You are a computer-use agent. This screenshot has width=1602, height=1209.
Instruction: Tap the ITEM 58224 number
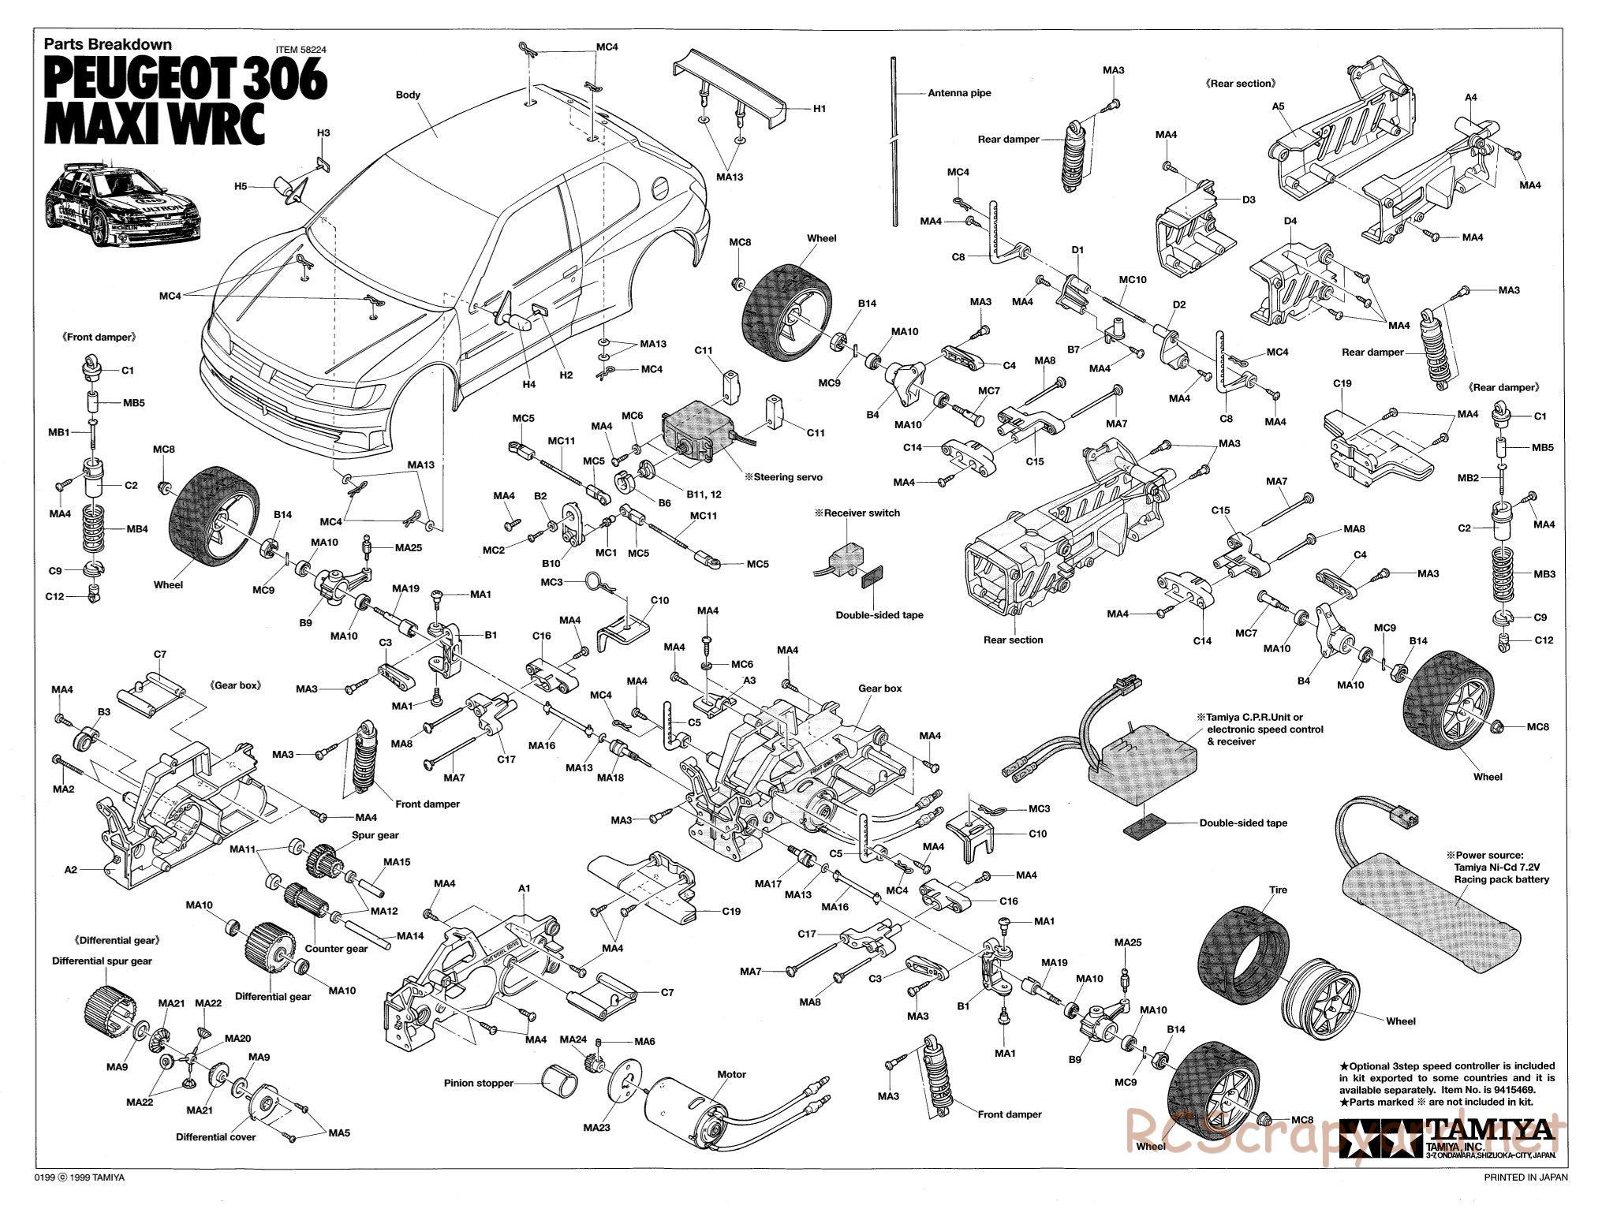301,49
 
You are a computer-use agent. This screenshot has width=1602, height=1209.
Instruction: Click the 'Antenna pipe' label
959,93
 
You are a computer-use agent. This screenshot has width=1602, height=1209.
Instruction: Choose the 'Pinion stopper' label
478,1083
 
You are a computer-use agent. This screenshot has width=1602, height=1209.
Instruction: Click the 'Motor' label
731,1074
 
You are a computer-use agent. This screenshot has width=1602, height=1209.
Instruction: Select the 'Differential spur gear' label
102,961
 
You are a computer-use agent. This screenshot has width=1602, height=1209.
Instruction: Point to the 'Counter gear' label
336,948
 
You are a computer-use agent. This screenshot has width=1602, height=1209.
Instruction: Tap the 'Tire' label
1278,890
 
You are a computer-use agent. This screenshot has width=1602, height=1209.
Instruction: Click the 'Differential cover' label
215,1136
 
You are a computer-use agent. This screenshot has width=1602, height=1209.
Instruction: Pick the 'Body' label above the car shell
408,95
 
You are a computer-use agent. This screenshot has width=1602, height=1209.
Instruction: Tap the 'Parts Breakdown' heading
107,45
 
